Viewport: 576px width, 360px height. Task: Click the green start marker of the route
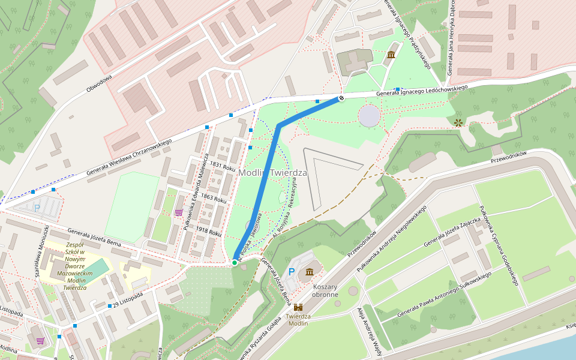click(x=235, y=262)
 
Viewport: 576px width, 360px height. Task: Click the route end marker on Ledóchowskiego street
click(x=341, y=98)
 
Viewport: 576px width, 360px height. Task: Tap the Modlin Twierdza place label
click(x=272, y=173)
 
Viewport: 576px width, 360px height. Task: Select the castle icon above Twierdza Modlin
click(x=298, y=307)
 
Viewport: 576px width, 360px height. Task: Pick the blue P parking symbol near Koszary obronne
click(x=292, y=272)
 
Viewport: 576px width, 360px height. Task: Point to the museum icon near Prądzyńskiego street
click(x=391, y=55)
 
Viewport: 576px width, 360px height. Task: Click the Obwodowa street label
click(x=99, y=83)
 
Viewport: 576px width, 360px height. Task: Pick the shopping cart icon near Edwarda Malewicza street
click(x=179, y=212)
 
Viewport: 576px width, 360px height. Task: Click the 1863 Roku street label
click(x=214, y=197)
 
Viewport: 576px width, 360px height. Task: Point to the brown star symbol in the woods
click(x=459, y=122)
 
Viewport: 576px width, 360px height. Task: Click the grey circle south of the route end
click(x=368, y=115)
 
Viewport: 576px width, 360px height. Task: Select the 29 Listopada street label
click(x=128, y=299)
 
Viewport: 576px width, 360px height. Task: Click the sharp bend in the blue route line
click(x=279, y=125)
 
